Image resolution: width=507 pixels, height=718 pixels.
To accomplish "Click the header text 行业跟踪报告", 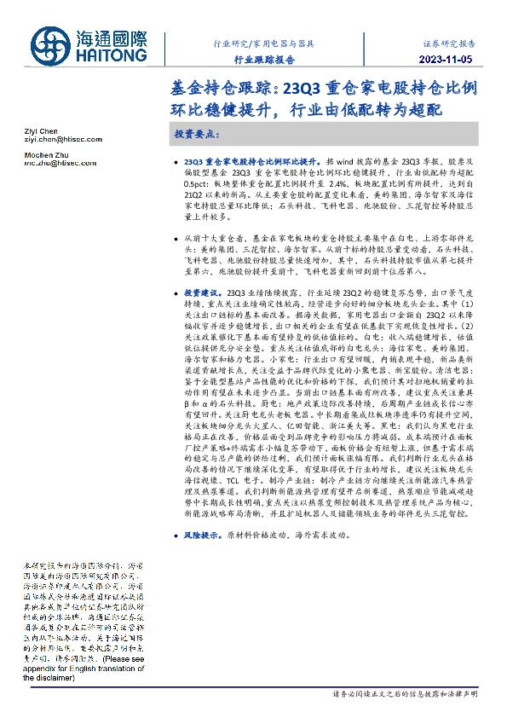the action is [264, 61].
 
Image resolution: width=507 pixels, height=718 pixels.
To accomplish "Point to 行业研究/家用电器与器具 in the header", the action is [263, 42].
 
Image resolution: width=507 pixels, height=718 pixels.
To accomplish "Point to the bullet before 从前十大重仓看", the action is [175, 237].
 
